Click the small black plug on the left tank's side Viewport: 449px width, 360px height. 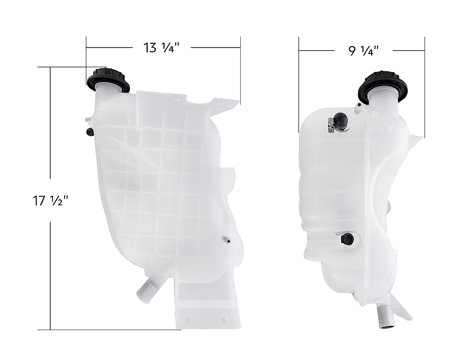pyautogui.click(x=90, y=131)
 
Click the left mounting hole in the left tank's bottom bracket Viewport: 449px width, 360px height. pyautogui.click(x=188, y=321)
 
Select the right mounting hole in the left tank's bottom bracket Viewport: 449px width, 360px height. pyautogui.click(x=224, y=320)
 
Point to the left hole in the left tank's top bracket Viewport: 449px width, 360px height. pyautogui.click(x=175, y=99)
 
